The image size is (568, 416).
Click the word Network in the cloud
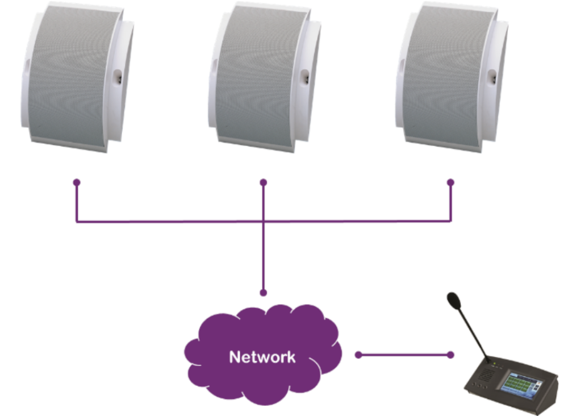262,357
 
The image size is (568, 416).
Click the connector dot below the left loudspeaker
76,182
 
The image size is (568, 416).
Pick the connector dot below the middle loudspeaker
263,182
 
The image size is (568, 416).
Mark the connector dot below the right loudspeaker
450,182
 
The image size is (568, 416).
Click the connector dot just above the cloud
263,293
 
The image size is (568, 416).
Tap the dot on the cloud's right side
358,355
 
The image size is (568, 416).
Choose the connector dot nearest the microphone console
450,355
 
